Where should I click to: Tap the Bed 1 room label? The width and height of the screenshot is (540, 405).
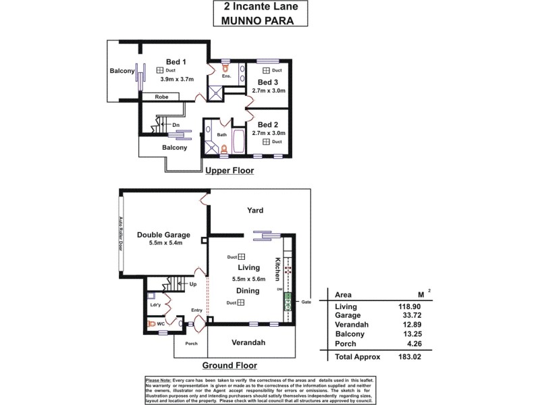click(176, 62)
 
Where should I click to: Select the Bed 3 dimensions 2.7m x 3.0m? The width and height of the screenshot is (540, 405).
click(269, 90)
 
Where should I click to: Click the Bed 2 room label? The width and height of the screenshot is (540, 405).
click(268, 124)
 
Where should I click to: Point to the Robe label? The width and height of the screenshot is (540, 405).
click(161, 97)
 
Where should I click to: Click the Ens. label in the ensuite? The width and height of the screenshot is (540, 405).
click(227, 76)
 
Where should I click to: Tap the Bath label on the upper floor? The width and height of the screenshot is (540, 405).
click(221, 134)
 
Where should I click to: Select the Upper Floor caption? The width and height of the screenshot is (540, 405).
click(230, 171)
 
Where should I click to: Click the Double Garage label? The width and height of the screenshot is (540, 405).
click(163, 235)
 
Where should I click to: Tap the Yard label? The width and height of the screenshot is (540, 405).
click(254, 211)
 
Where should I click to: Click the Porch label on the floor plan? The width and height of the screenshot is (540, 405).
click(192, 343)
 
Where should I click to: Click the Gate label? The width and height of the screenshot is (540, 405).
click(306, 302)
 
